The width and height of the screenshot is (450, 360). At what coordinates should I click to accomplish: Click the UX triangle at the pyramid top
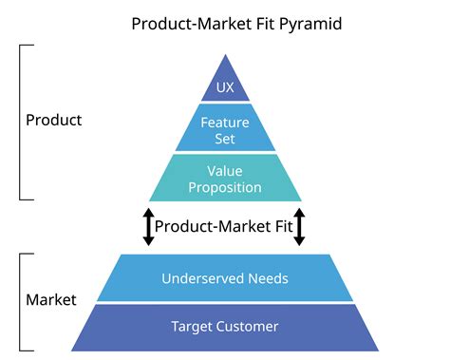coord(225,85)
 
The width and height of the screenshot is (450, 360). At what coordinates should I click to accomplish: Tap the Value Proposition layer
coord(225,179)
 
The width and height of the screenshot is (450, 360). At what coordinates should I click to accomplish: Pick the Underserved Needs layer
coord(225,279)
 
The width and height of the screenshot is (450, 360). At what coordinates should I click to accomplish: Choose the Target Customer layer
coord(225,327)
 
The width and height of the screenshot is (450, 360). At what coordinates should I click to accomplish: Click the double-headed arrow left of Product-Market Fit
coord(148,226)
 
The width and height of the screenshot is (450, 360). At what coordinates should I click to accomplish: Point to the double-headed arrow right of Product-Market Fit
coord(299,226)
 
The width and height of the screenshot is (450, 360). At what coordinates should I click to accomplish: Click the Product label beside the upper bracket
coord(53,121)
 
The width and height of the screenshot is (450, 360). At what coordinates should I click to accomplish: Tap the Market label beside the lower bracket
coord(51,300)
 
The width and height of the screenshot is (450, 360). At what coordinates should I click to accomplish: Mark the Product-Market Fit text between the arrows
coord(223,226)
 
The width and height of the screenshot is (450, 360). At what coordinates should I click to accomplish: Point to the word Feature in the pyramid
coord(225,121)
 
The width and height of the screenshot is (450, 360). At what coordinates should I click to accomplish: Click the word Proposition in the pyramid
coord(225,187)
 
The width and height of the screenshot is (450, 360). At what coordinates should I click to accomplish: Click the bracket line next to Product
coord(21,121)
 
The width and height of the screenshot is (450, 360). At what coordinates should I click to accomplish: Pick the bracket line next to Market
coord(21,300)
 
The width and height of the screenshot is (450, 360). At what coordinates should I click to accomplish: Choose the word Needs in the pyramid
coord(267,279)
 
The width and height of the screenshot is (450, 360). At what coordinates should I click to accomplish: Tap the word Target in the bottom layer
coord(191,327)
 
